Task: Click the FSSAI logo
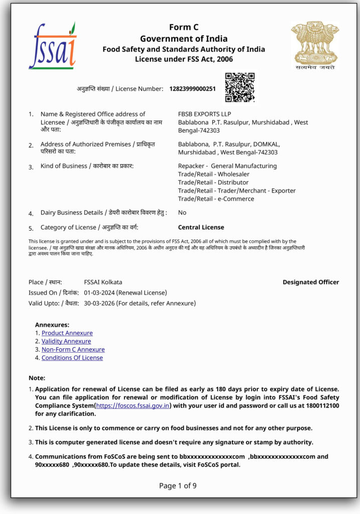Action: point(52,46)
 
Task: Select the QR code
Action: point(239,87)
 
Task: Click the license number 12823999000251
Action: point(192,89)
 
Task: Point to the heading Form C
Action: point(183,28)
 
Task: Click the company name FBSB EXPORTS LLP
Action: point(204,114)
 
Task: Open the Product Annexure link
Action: point(67,333)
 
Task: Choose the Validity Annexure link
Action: point(66,341)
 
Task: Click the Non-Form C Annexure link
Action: point(73,349)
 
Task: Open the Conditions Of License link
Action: point(72,358)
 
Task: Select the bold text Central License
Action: point(201,227)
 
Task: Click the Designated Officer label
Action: point(311,282)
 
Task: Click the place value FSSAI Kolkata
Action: point(103,282)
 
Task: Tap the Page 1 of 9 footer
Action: point(178,485)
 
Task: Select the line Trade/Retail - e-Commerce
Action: point(216,199)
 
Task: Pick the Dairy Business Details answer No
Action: point(182,213)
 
